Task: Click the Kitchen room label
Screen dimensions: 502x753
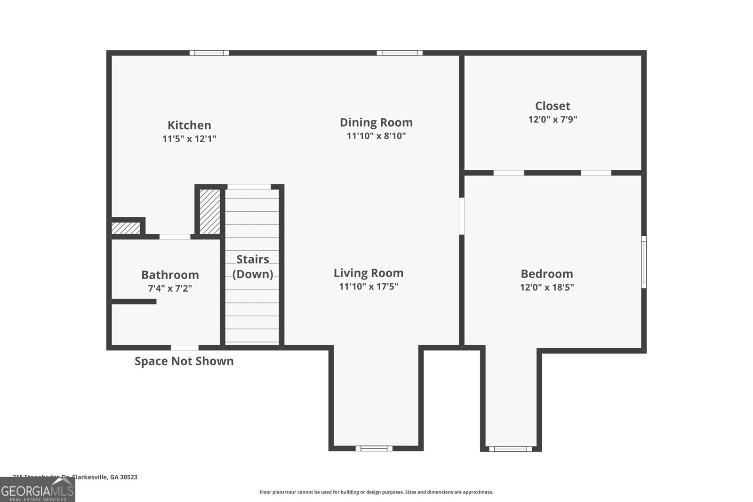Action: click(189, 125)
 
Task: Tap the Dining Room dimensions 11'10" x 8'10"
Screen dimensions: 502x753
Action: click(376, 136)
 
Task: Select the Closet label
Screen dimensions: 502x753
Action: click(553, 106)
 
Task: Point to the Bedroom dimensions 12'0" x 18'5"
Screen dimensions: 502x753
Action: click(547, 287)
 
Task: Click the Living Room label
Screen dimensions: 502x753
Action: click(368, 273)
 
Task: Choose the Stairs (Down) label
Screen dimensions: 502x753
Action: click(253, 266)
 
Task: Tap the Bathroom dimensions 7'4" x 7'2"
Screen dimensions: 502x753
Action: click(170, 288)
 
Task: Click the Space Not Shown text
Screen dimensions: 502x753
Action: click(184, 361)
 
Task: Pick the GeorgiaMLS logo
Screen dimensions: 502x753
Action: click(37, 490)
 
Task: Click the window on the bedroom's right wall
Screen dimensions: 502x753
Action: click(644, 262)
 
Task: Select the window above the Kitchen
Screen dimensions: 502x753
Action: click(209, 53)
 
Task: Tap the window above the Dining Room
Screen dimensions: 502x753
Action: click(399, 53)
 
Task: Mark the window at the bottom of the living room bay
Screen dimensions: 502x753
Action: click(374, 448)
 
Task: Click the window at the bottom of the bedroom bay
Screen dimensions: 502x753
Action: click(511, 449)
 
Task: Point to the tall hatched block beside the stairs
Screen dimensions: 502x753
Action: click(210, 211)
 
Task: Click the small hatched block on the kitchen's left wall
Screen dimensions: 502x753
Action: click(126, 228)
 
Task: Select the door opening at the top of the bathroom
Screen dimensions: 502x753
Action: click(175, 237)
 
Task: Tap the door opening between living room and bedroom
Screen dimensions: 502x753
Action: click(462, 216)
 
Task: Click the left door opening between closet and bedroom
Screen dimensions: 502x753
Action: click(509, 173)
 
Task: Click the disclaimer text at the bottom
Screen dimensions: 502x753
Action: click(376, 492)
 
